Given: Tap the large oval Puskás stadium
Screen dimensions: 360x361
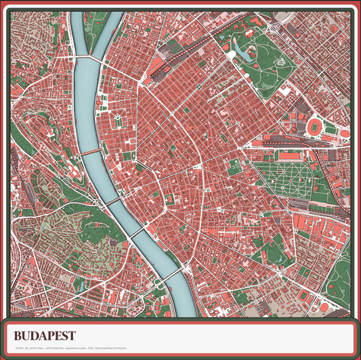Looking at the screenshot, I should point(316,127).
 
